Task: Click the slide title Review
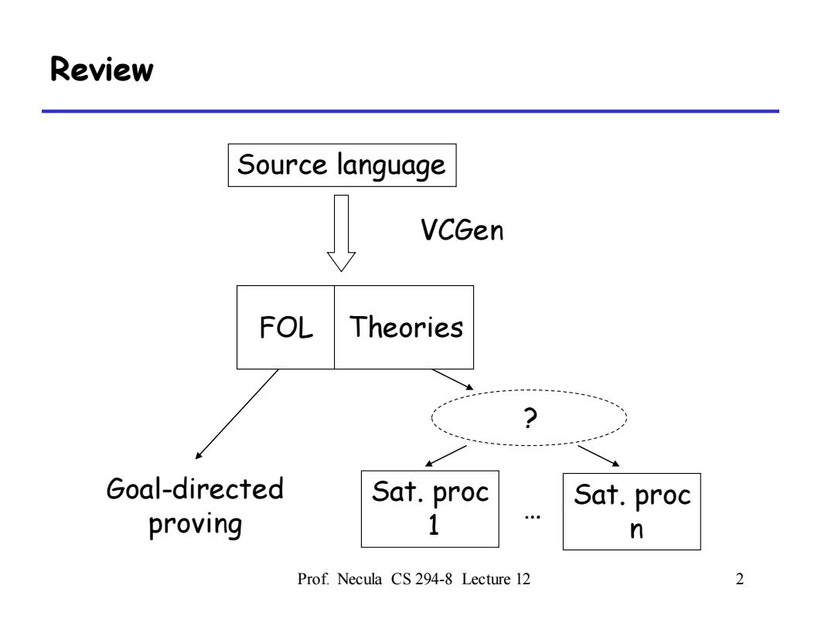click(x=102, y=70)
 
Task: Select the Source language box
click(x=342, y=165)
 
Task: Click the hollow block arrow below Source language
click(x=342, y=233)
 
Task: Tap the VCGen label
click(x=462, y=230)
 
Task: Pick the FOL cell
click(x=285, y=327)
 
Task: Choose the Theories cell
click(x=404, y=327)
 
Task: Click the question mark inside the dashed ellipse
click(x=530, y=418)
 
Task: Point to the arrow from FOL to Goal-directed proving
click(x=237, y=413)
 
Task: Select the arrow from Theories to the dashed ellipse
click(x=452, y=379)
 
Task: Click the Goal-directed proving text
click(x=195, y=506)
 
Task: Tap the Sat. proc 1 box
click(x=431, y=509)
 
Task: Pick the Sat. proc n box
click(x=632, y=512)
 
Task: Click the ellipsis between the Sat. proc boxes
click(x=532, y=515)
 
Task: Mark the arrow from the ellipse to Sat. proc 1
click(x=446, y=456)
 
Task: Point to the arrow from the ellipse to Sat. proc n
click(x=598, y=456)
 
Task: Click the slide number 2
click(x=740, y=579)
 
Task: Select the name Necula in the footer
click(x=360, y=579)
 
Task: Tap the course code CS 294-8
click(x=421, y=579)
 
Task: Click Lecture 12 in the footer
click(x=496, y=579)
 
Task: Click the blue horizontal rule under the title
click(x=411, y=111)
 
